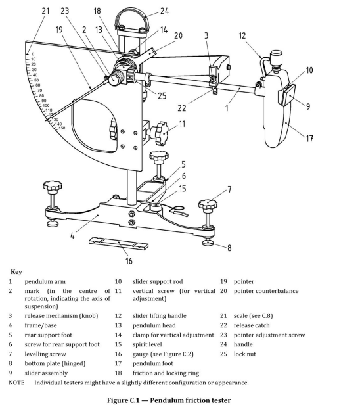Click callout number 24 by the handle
point(164,11)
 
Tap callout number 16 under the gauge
point(129,261)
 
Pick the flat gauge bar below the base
point(119,243)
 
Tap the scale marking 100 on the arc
point(46,106)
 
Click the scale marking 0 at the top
point(33,54)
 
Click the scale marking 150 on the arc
point(62,128)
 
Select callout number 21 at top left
point(45,11)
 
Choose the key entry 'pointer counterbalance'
point(266,291)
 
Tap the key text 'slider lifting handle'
point(160,316)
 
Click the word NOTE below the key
point(16,383)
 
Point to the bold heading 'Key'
point(16,272)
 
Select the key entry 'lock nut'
point(244,354)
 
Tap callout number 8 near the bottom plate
point(229,248)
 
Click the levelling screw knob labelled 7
point(208,205)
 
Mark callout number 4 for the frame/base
point(72,235)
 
